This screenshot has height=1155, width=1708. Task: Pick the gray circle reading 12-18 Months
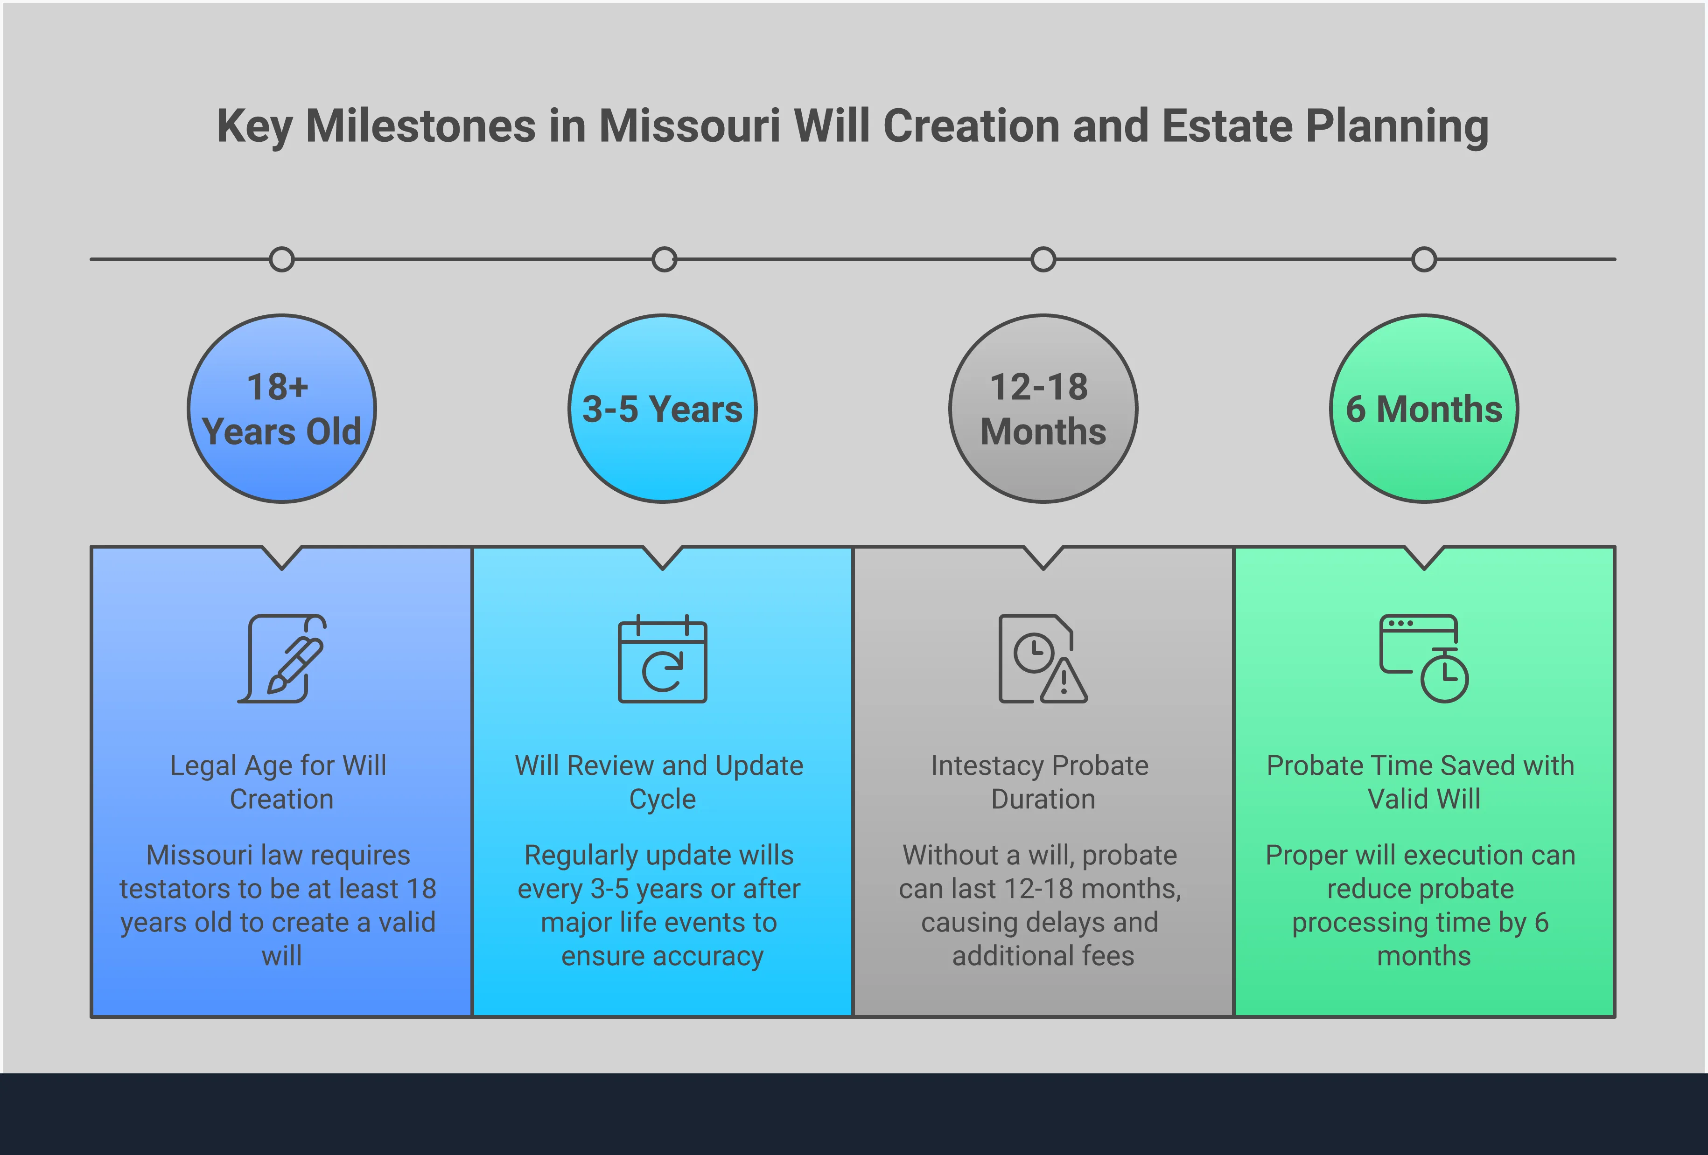tap(1043, 409)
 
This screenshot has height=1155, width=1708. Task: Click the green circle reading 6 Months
tap(1424, 409)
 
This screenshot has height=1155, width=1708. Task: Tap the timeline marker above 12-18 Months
tap(1043, 259)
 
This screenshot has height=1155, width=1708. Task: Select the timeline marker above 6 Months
tap(1424, 259)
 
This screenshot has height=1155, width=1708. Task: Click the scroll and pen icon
tap(282, 658)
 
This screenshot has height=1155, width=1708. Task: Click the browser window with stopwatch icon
tap(1423, 658)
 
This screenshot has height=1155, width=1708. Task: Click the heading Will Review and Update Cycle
tap(660, 782)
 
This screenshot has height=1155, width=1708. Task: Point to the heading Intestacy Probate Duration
tap(1041, 782)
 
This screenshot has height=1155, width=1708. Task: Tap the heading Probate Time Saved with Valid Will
tap(1421, 782)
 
